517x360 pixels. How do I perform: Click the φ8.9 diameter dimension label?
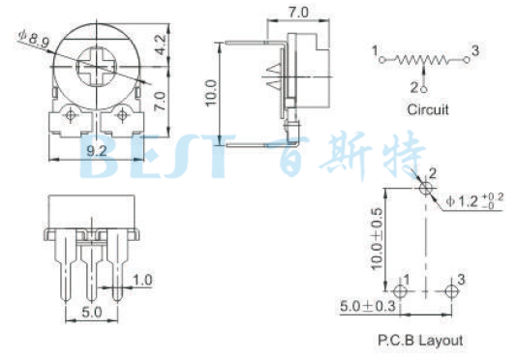33,39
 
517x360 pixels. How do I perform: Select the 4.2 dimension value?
161,45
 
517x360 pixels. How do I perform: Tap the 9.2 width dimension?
97,151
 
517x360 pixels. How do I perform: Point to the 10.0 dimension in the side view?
211,93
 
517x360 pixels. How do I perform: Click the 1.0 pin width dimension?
142,280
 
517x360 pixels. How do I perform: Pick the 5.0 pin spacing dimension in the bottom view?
91,312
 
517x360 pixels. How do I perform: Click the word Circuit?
428,109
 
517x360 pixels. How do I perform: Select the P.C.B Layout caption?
420,341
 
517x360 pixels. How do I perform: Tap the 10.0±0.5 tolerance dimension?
377,239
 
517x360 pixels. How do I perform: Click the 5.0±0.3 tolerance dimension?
368,306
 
